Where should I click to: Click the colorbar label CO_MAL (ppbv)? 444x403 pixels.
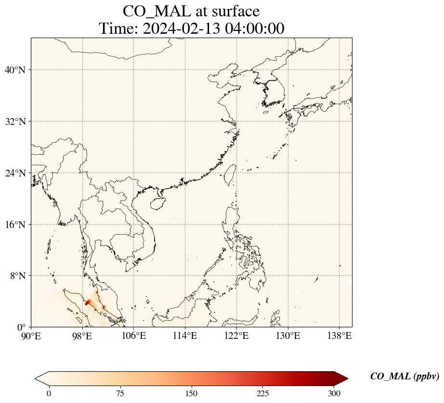(x=404, y=376)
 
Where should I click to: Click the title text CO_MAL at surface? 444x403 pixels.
(x=191, y=11)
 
